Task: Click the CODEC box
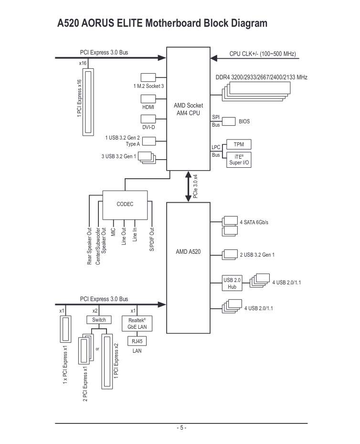(x=125, y=204)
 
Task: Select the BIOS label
(x=244, y=121)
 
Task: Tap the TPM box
(x=239, y=144)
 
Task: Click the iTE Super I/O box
(x=239, y=160)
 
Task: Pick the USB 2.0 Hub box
(x=232, y=283)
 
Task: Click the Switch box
(x=99, y=320)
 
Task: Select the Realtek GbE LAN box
(x=137, y=324)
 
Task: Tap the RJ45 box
(x=137, y=341)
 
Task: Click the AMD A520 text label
(x=188, y=251)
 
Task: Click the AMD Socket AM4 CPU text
(x=188, y=109)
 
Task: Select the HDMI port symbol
(x=148, y=98)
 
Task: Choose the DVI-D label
(x=148, y=127)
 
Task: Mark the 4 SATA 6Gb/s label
(x=254, y=222)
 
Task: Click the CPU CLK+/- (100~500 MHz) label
(x=263, y=54)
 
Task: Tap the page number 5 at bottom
(x=181, y=427)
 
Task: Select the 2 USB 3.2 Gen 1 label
(x=257, y=255)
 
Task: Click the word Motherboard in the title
(x=173, y=23)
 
